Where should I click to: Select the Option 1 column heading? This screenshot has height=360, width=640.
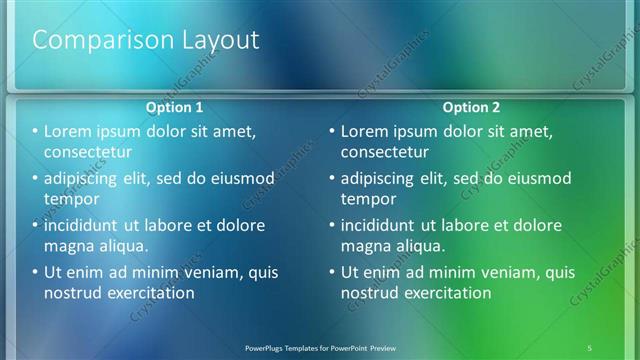click(x=175, y=107)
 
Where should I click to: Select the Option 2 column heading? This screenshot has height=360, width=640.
click(x=471, y=107)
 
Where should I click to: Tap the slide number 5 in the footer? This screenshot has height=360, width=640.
click(x=590, y=347)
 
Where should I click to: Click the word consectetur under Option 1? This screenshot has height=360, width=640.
click(x=88, y=152)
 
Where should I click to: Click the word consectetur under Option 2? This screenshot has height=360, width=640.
click(x=385, y=152)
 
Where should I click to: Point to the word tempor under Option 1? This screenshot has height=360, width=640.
click(x=70, y=198)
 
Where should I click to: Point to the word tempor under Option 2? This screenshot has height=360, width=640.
click(x=366, y=198)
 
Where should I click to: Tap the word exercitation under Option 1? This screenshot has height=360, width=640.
click(x=149, y=293)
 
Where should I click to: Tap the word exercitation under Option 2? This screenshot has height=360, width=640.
click(x=446, y=293)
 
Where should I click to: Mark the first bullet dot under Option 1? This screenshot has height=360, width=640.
click(x=35, y=132)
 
